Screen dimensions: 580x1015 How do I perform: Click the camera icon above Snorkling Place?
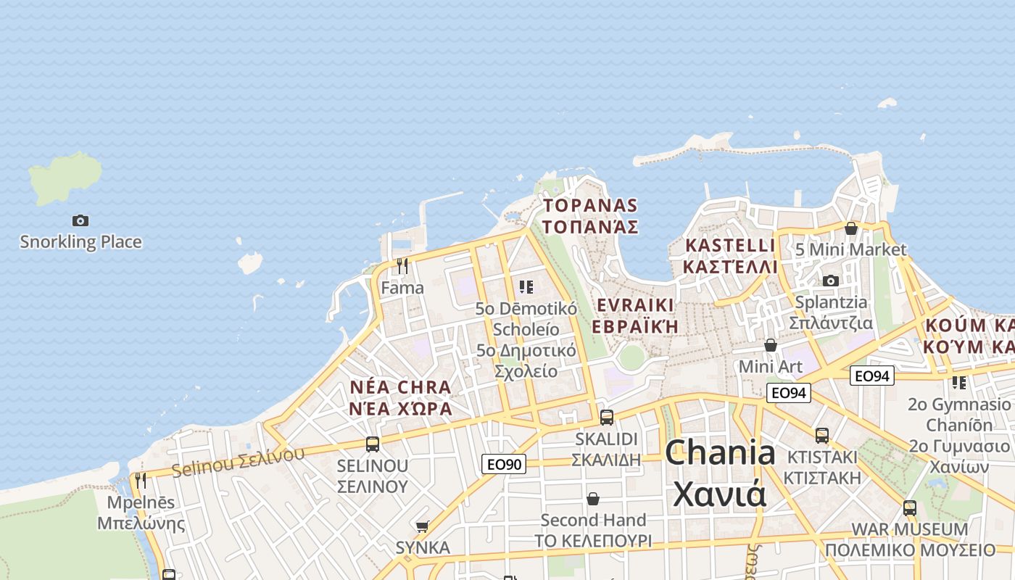(x=80, y=220)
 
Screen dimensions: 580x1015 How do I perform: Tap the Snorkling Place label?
(x=80, y=242)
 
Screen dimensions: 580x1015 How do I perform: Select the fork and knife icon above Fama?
(x=402, y=266)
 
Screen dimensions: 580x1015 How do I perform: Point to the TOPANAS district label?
(x=590, y=216)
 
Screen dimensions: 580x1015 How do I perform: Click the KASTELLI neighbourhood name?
(x=730, y=256)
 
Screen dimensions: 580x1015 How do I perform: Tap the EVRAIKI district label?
(x=635, y=315)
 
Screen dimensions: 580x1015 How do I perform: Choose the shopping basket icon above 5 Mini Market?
(x=851, y=228)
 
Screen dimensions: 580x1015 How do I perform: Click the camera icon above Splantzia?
(x=831, y=281)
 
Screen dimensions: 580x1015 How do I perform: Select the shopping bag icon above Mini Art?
(x=771, y=345)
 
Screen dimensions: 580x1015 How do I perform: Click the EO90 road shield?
(x=504, y=464)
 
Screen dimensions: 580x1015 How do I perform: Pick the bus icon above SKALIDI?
(x=607, y=418)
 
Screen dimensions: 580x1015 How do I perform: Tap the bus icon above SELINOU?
(x=373, y=444)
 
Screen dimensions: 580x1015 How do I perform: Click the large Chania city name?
(x=720, y=473)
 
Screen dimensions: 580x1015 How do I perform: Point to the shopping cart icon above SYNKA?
(x=423, y=526)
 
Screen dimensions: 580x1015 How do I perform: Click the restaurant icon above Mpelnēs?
(x=141, y=481)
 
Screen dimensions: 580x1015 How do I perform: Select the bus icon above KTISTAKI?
(x=822, y=436)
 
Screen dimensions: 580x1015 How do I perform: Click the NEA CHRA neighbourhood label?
(x=401, y=397)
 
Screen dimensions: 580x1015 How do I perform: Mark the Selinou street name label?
(x=239, y=462)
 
